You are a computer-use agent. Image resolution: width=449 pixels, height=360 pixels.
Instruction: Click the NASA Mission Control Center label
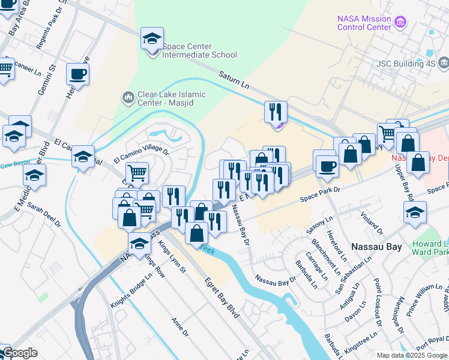pos(364,23)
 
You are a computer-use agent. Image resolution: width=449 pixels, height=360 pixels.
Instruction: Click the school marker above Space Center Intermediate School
pos(152,39)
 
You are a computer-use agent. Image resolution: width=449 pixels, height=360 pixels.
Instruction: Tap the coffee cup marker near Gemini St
pos(77,74)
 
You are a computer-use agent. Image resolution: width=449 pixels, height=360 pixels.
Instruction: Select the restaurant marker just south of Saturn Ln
pos(276,112)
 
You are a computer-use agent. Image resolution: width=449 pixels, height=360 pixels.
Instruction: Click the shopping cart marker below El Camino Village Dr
pos(137,173)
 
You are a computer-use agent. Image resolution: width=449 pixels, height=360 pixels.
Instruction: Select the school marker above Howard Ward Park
pos(414,213)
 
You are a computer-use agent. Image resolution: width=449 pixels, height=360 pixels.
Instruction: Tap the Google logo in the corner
pos(19,353)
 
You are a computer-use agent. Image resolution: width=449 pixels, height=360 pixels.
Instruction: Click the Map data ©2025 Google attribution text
pos(412,355)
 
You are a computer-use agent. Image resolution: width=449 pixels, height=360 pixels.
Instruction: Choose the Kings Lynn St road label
pos(172,257)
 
